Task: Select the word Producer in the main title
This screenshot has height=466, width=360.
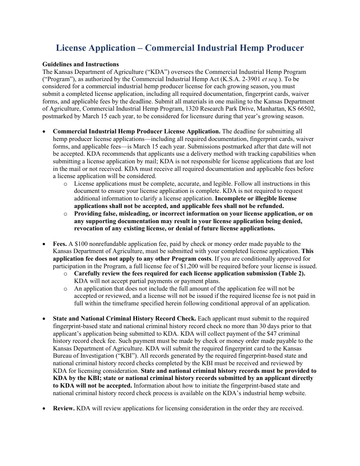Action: pyautogui.click(x=284, y=48)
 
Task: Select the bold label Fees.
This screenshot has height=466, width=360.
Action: pyautogui.click(x=60, y=244)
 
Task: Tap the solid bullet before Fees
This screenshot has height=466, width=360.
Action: pyautogui.click(x=45, y=244)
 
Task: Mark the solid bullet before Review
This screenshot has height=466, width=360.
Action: pyautogui.click(x=45, y=408)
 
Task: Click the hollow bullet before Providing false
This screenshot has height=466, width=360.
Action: pyautogui.click(x=66, y=214)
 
